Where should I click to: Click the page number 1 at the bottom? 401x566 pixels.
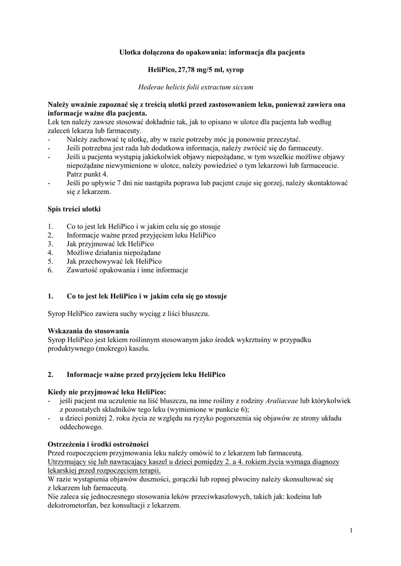pyautogui.click(x=351, y=531)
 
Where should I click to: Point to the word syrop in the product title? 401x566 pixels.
pyautogui.click(x=234, y=70)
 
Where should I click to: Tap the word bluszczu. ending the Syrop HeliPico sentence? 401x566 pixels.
pyautogui.click(x=195, y=313)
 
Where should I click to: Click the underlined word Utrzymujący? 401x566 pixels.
pyautogui.click(x=69, y=461)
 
